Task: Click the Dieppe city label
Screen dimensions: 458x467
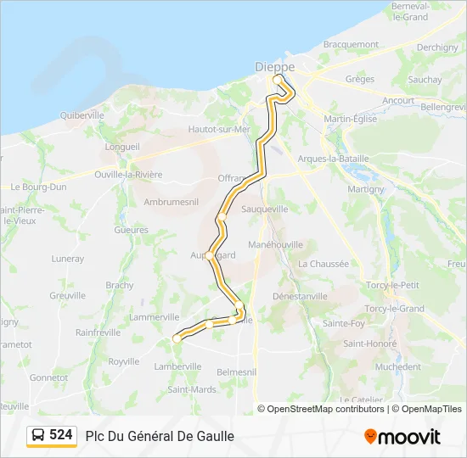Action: pos(274,65)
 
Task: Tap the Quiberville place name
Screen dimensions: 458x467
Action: pos(82,114)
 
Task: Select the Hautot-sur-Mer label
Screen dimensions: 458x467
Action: pos(219,129)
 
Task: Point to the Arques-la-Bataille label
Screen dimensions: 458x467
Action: pos(335,158)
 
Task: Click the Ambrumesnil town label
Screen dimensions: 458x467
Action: pos(171,202)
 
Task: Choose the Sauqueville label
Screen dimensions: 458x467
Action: pos(265,208)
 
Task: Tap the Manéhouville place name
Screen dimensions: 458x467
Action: pos(276,243)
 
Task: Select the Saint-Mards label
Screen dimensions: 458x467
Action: pos(192,389)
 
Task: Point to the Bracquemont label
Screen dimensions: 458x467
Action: pos(351,44)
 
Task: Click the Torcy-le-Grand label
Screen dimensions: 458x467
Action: pos(393,309)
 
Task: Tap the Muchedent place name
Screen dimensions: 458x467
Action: pos(397,367)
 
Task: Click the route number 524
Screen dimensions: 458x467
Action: pos(60,435)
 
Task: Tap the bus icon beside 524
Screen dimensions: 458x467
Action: pos(38,435)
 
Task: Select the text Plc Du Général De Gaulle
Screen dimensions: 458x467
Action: pos(160,436)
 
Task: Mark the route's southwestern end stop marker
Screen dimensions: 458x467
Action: pos(177,338)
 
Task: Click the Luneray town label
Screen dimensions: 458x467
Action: pos(68,259)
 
